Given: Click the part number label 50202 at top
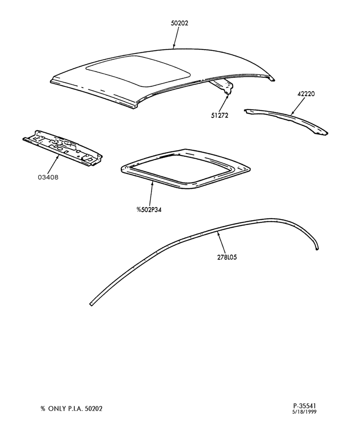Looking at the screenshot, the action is (x=179, y=23).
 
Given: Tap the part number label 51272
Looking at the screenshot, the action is (x=220, y=115).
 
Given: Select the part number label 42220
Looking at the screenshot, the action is (x=306, y=94).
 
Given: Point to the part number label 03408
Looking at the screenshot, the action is (x=48, y=177).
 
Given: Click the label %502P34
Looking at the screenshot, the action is (x=149, y=210).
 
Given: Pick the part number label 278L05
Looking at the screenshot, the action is (x=227, y=257).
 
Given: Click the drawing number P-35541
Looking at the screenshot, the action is (x=304, y=406).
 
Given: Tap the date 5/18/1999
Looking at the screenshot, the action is (x=304, y=412).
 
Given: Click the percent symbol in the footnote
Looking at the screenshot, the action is (x=43, y=408).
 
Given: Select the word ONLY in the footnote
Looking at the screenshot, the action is (x=57, y=408).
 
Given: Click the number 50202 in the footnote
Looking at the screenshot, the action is (x=93, y=408).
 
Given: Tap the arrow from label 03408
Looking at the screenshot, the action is (x=53, y=164).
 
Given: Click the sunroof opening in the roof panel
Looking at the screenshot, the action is (x=138, y=71).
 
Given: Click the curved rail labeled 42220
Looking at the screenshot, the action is (x=286, y=121).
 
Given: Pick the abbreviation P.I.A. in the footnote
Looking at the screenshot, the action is (x=76, y=408).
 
